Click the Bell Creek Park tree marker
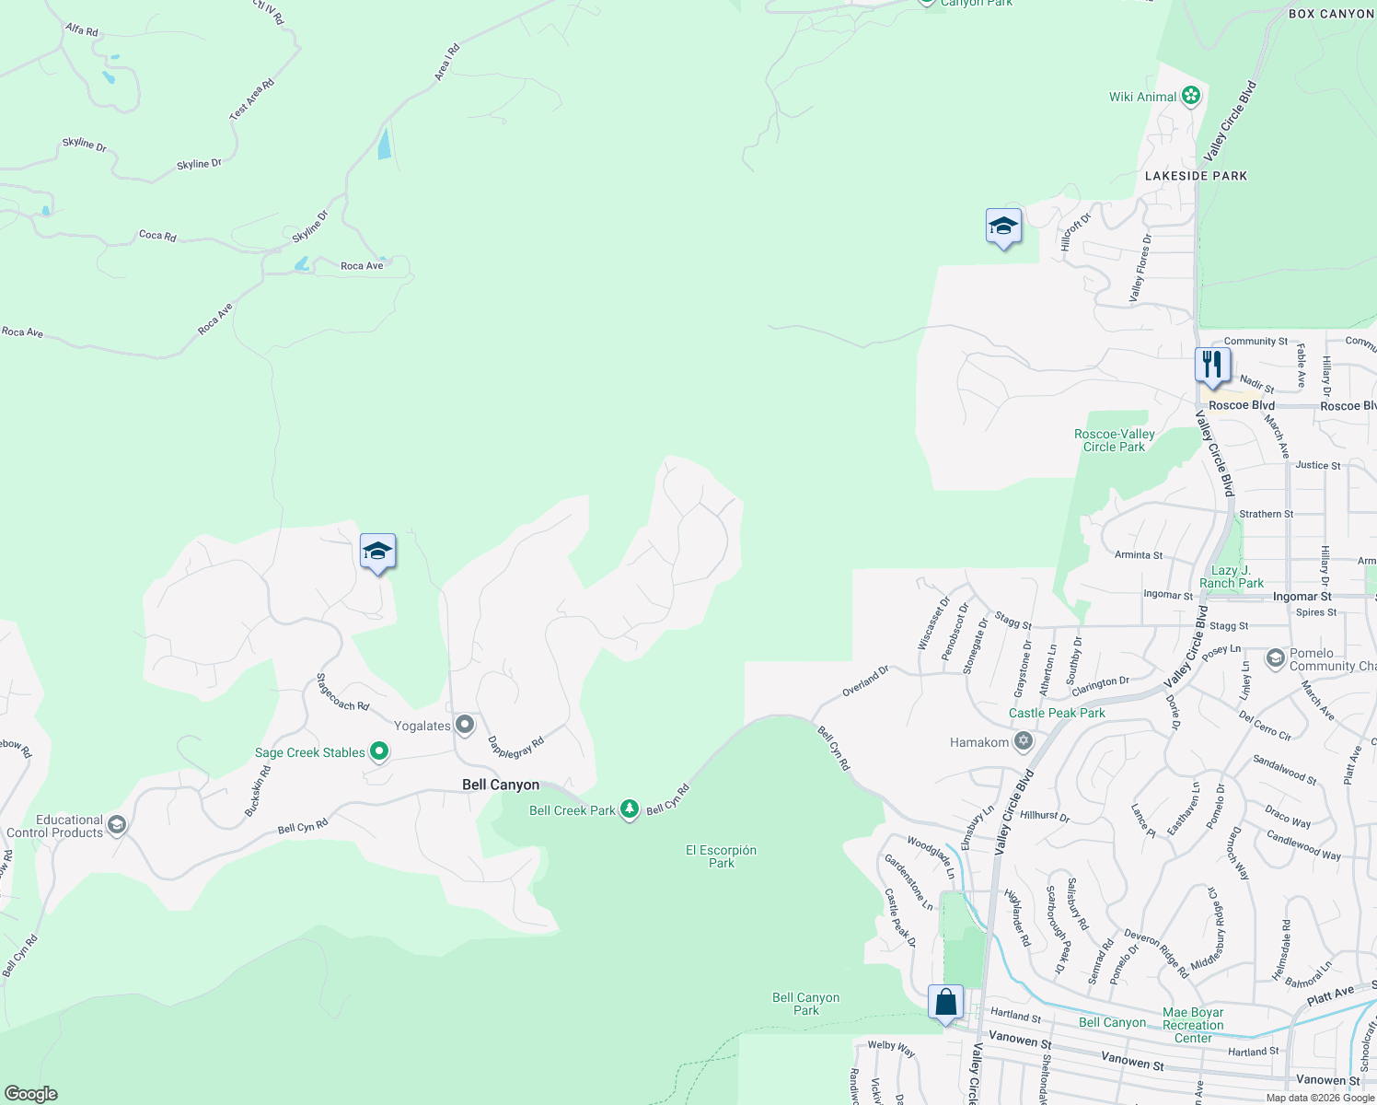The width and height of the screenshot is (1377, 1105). pyautogui.click(x=630, y=809)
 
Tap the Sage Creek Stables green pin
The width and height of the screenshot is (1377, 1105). pyautogui.click(x=378, y=752)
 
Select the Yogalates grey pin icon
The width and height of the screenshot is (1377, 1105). pyautogui.click(x=465, y=726)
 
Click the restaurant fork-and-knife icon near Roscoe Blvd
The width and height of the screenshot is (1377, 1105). pyautogui.click(x=1212, y=366)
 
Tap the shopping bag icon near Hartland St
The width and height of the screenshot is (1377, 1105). pyautogui.click(x=945, y=1003)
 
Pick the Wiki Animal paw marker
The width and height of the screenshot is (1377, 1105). pyautogui.click(x=1191, y=96)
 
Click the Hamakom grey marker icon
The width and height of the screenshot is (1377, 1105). pyautogui.click(x=1023, y=742)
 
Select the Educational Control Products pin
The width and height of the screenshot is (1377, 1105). pyautogui.click(x=116, y=824)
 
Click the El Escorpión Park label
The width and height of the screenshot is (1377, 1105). pyautogui.click(x=721, y=856)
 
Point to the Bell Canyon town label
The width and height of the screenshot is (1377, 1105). pyautogui.click(x=501, y=785)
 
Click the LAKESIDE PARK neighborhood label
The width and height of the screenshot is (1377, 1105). pyautogui.click(x=1196, y=176)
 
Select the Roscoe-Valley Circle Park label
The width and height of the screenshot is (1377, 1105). pyautogui.click(x=1114, y=440)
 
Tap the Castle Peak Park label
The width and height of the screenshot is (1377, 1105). pyautogui.click(x=1057, y=713)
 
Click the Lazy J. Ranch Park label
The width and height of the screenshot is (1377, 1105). pyautogui.click(x=1231, y=576)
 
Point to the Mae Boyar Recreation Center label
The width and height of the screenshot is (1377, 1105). pyautogui.click(x=1193, y=1025)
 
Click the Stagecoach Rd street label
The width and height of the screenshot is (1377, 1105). pyautogui.click(x=341, y=692)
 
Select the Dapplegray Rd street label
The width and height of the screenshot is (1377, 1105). pyautogui.click(x=515, y=747)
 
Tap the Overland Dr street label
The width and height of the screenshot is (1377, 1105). pyautogui.click(x=865, y=680)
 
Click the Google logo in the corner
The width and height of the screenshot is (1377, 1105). pyautogui.click(x=31, y=1093)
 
